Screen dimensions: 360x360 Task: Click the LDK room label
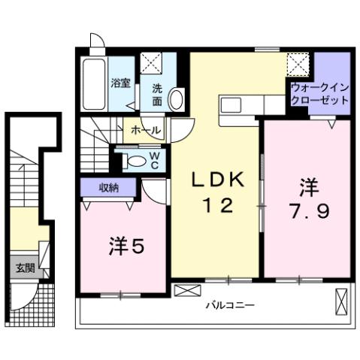tap(215, 181)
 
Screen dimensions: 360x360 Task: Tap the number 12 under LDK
tap(215, 204)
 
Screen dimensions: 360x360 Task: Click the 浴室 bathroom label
tap(119, 83)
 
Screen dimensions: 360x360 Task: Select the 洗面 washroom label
tap(157, 92)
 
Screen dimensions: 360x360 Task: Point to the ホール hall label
tap(144, 130)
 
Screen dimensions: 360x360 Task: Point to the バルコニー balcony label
tap(230, 305)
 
